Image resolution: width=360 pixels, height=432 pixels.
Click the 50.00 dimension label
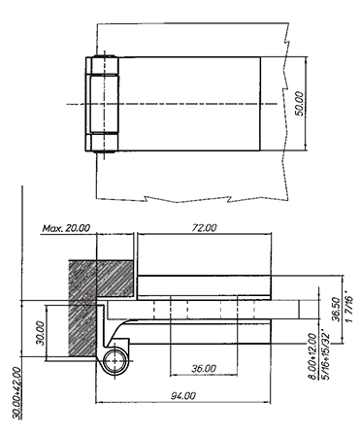[300, 104]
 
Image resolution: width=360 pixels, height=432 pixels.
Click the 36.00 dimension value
[204, 368]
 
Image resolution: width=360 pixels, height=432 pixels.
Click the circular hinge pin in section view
[115, 360]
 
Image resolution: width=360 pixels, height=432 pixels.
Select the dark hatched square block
[101, 279]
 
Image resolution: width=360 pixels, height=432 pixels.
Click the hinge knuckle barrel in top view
[101, 104]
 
